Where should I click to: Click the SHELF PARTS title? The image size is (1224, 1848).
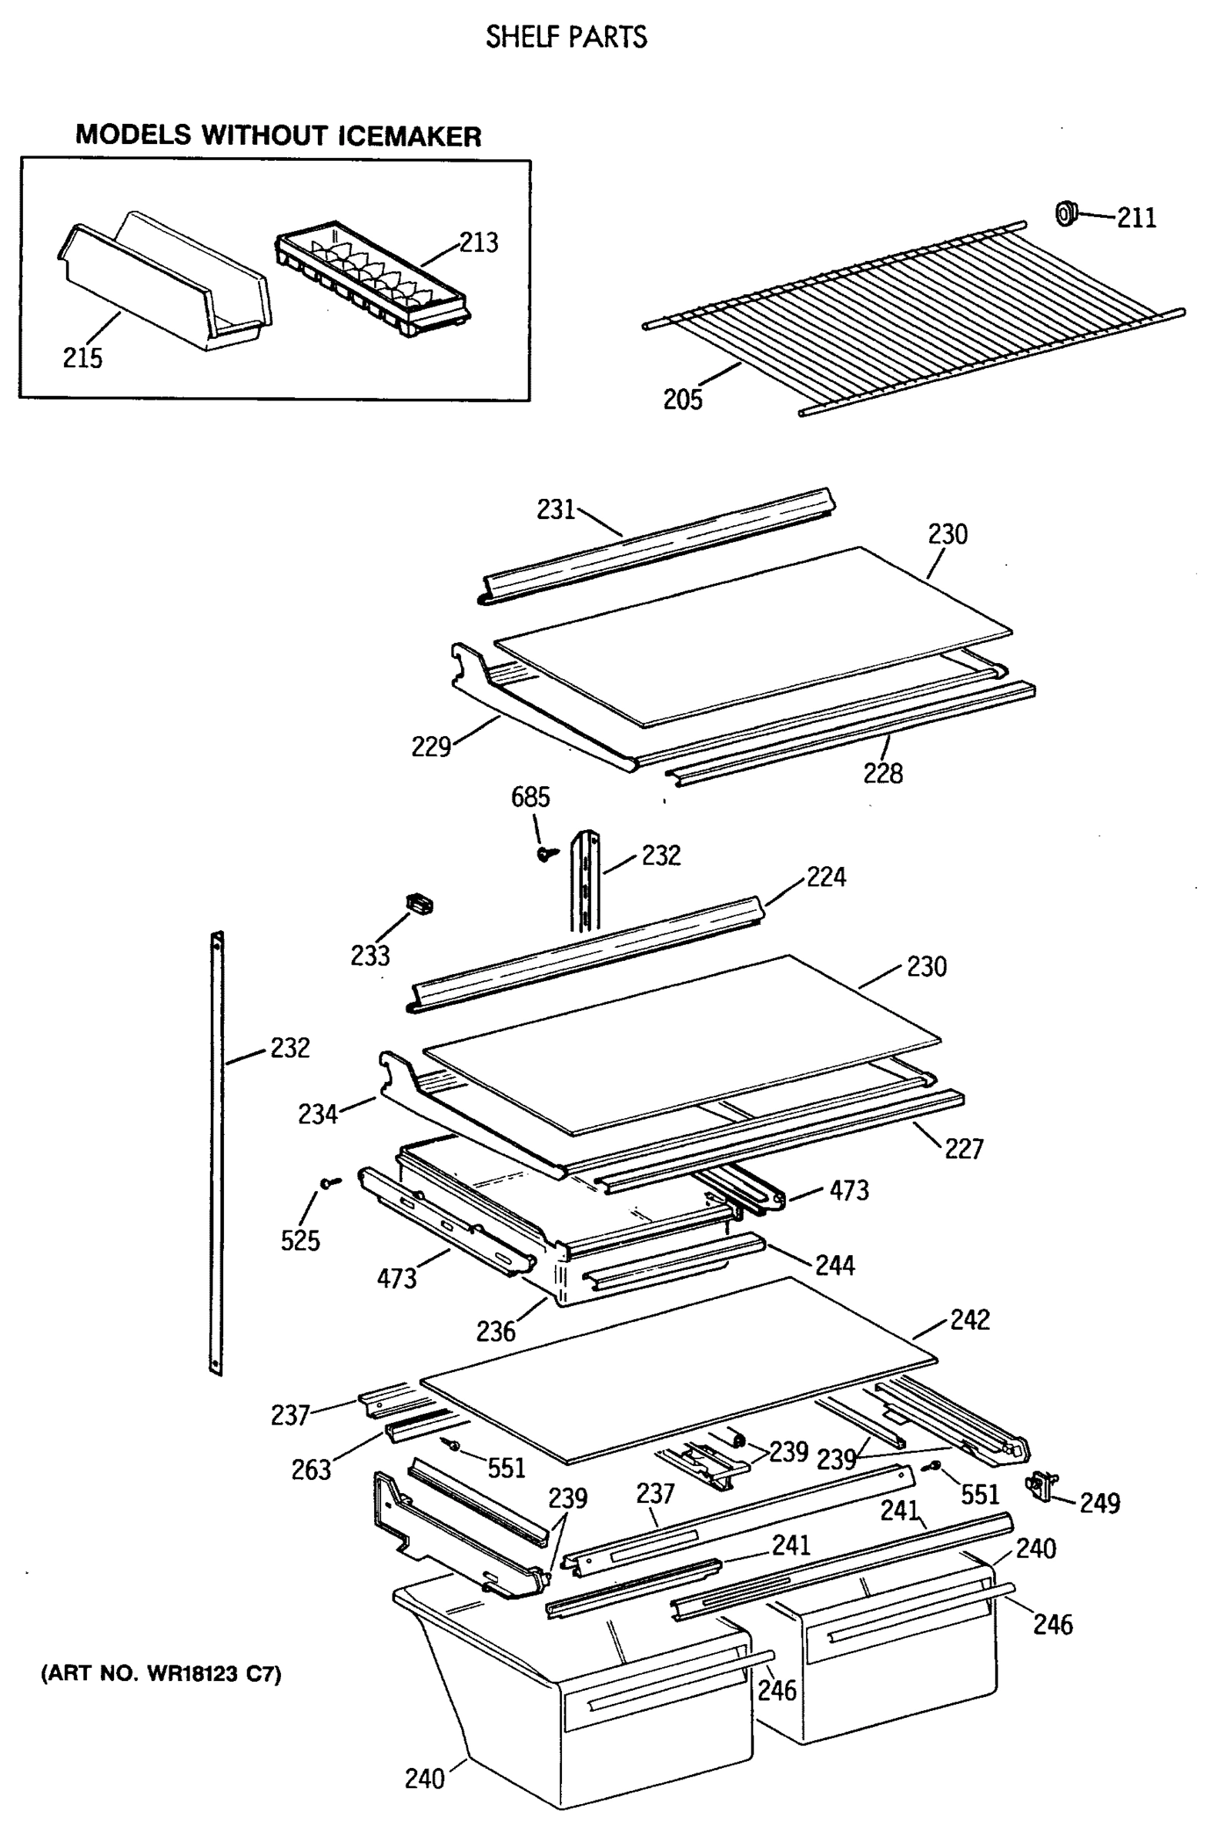(566, 37)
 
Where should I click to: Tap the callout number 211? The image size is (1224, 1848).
(1135, 218)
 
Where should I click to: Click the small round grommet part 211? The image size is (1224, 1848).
(1065, 213)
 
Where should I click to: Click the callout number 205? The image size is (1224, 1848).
(682, 400)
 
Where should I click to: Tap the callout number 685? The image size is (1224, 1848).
(530, 797)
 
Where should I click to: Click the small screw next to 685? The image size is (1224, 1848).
(547, 853)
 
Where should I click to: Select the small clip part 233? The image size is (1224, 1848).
(420, 904)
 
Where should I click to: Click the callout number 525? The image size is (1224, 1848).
(299, 1240)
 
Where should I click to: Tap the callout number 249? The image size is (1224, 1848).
(1099, 1503)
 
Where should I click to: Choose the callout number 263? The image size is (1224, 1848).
(311, 1470)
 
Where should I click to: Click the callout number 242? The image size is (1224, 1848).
(969, 1320)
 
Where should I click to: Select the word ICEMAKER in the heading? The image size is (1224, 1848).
(409, 136)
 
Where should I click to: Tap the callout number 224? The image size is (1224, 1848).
(826, 877)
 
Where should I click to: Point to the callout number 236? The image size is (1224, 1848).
(496, 1331)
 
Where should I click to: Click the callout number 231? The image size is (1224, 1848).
(555, 509)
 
